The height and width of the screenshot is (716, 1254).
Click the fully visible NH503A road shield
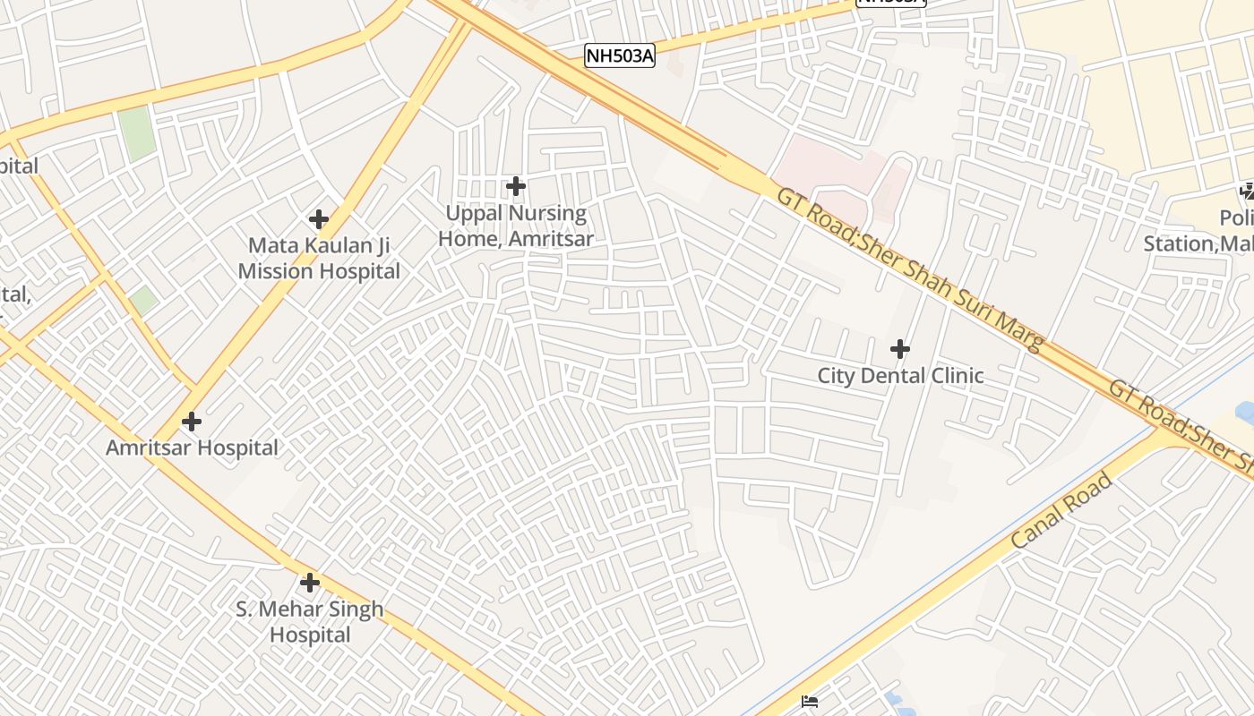click(620, 56)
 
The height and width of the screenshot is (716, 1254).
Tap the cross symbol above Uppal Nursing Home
click(515, 186)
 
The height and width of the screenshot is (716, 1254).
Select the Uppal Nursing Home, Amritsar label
click(515, 226)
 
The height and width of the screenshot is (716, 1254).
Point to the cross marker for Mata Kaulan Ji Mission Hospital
click(318, 218)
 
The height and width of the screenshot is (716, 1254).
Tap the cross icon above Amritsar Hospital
click(191, 421)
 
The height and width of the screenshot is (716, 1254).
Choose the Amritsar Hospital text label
click(193, 447)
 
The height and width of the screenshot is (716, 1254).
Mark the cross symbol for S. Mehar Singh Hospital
click(310, 583)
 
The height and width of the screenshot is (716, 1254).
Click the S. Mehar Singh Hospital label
click(310, 622)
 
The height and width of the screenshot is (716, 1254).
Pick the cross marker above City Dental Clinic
click(900, 348)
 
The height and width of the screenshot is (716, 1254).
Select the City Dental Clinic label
click(900, 376)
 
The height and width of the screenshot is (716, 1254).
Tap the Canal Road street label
click(1062, 511)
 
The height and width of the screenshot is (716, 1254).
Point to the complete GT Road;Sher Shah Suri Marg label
click(910, 269)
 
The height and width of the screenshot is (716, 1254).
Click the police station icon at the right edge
click(1247, 191)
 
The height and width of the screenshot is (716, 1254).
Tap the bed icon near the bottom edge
click(810, 702)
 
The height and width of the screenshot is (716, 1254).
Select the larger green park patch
click(135, 134)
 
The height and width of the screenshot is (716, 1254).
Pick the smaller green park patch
click(143, 301)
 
